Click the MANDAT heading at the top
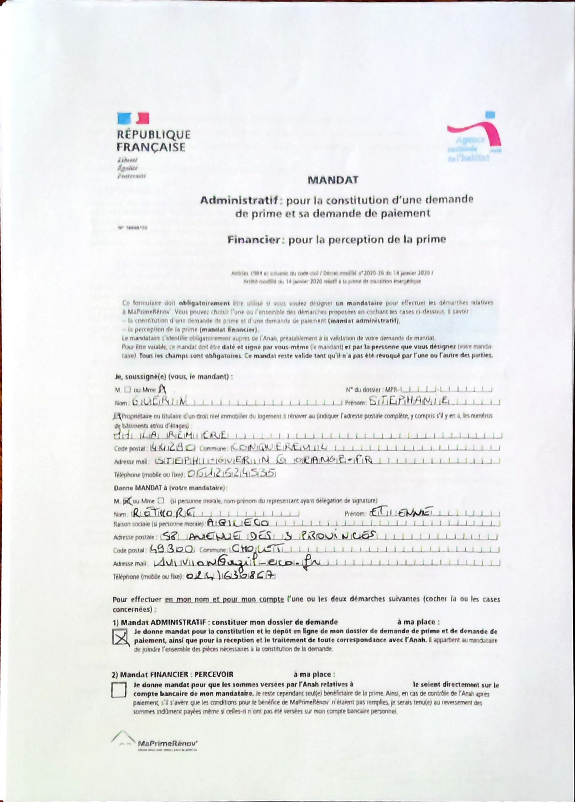[332, 180]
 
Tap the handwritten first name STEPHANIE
[409, 401]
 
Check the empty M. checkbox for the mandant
[128, 390]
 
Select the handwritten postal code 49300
[171, 549]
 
